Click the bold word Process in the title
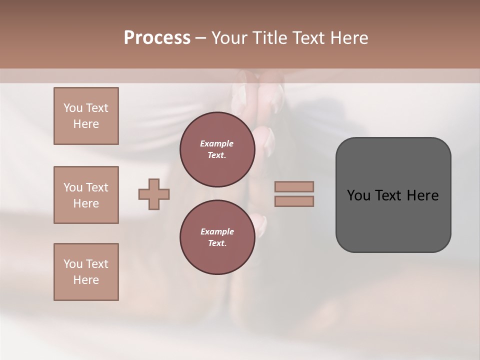tap(157, 38)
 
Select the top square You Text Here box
tap(86, 116)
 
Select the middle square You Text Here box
tap(86, 195)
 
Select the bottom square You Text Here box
tap(86, 272)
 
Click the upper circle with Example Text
tap(217, 149)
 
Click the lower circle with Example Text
tap(217, 237)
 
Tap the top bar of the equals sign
tap(294, 187)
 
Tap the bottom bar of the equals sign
tap(294, 201)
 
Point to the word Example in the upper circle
tap(217, 143)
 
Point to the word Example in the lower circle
tap(217, 231)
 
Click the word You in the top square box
tap(73, 108)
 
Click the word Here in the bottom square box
tap(86, 280)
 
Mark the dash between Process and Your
tap(200, 38)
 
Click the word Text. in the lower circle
tap(217, 243)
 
